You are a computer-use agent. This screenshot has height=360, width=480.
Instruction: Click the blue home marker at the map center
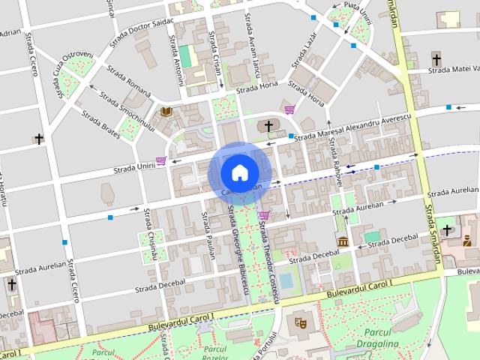click(x=239, y=172)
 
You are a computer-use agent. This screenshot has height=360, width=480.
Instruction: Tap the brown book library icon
click(x=166, y=112)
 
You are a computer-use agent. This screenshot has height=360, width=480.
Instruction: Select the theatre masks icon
click(x=301, y=322)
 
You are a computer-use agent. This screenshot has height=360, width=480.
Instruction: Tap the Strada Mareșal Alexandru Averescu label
click(x=353, y=128)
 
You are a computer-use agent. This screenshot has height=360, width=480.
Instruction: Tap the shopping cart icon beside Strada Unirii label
click(x=161, y=160)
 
